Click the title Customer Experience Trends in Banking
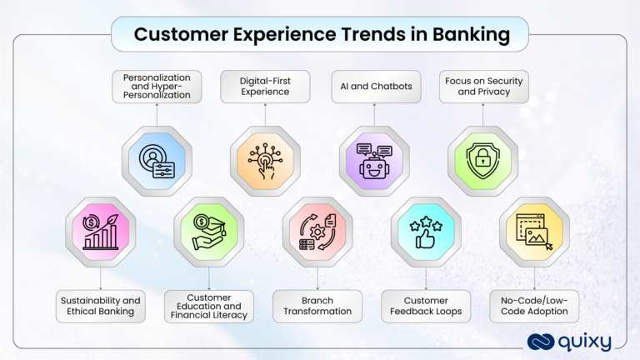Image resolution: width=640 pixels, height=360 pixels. click(320, 35)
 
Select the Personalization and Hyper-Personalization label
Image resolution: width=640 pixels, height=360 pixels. click(157, 87)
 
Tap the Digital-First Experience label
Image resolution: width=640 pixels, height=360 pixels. click(265, 87)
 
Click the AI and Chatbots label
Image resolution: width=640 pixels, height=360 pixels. click(374, 87)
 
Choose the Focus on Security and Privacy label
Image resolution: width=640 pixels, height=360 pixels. click(483, 87)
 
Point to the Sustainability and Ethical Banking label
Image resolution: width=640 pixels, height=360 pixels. click(102, 306)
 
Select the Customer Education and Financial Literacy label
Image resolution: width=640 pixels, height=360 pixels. click(209, 306)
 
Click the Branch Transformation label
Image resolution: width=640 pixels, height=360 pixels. click(317, 306)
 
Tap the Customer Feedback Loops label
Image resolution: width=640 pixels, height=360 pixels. click(426, 306)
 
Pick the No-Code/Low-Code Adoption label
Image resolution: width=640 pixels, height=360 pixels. click(534, 306)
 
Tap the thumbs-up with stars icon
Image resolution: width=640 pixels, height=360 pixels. click(426, 232)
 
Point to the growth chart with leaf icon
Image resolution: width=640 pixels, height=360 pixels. click(102, 232)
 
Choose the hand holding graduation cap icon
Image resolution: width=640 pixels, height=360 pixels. click(209, 232)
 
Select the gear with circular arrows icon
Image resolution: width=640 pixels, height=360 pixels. click(317, 232)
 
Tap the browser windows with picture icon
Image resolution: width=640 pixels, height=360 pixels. click(534, 232)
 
